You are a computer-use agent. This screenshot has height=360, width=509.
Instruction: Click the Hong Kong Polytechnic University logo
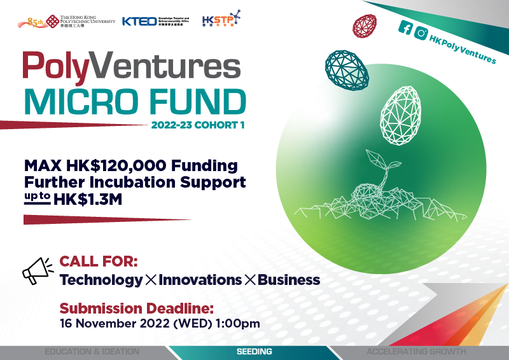67,22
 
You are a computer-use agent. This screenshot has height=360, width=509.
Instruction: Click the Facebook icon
405,27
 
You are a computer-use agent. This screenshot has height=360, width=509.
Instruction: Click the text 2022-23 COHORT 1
199,125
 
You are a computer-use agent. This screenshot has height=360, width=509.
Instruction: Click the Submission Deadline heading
136,309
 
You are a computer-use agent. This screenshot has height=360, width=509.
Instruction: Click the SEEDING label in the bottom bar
254,352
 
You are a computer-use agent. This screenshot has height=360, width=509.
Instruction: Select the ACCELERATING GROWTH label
416,352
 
